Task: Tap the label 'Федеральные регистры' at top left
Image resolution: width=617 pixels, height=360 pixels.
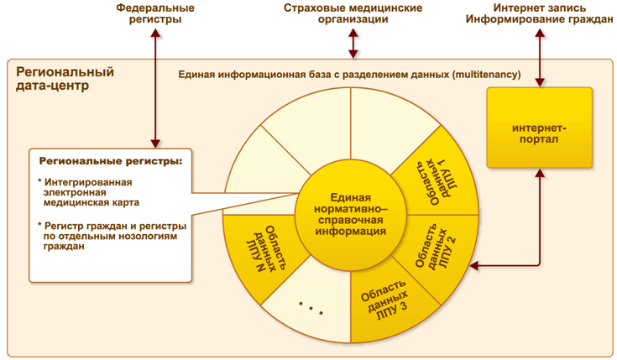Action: [156, 13]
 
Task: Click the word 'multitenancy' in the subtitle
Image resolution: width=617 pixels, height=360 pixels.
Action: [485, 75]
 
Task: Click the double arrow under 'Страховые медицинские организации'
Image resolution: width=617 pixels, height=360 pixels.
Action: [352, 42]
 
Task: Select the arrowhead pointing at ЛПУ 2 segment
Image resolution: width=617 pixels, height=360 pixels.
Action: [474, 267]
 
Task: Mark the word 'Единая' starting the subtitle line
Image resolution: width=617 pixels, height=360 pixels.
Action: [197, 75]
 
